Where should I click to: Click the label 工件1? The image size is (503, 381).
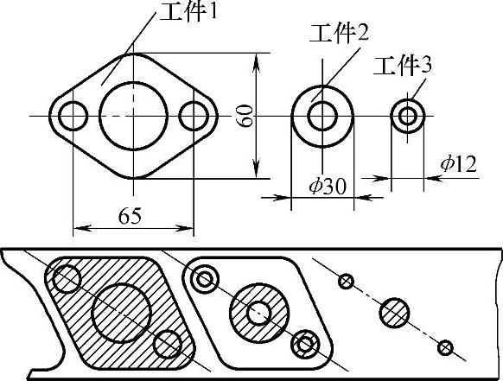pyautogui.click(x=188, y=12)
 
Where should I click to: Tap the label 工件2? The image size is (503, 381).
pyautogui.click(x=339, y=34)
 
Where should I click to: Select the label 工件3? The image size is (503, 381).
pyautogui.click(x=403, y=66)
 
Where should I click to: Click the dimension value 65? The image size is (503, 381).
pyautogui.click(x=130, y=216)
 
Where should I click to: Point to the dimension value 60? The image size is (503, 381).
pyautogui.click(x=246, y=116)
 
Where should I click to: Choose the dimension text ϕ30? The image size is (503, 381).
pyautogui.click(x=328, y=187)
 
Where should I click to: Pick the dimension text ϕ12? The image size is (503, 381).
pyautogui.click(x=458, y=164)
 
